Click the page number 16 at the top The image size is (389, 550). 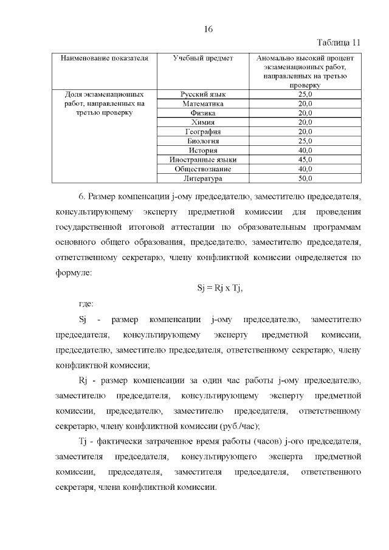tap(207, 29)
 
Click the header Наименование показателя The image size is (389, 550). tap(104, 58)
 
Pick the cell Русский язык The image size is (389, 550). tap(203, 95)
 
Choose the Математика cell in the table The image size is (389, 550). tap(203, 104)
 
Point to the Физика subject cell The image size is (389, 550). tap(203, 113)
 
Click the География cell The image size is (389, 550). tap(203, 132)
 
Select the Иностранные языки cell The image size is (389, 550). tap(203, 160)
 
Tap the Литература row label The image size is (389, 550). tap(203, 179)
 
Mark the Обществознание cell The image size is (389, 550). tap(203, 169)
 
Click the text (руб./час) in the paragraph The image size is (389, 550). tap(238, 426)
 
